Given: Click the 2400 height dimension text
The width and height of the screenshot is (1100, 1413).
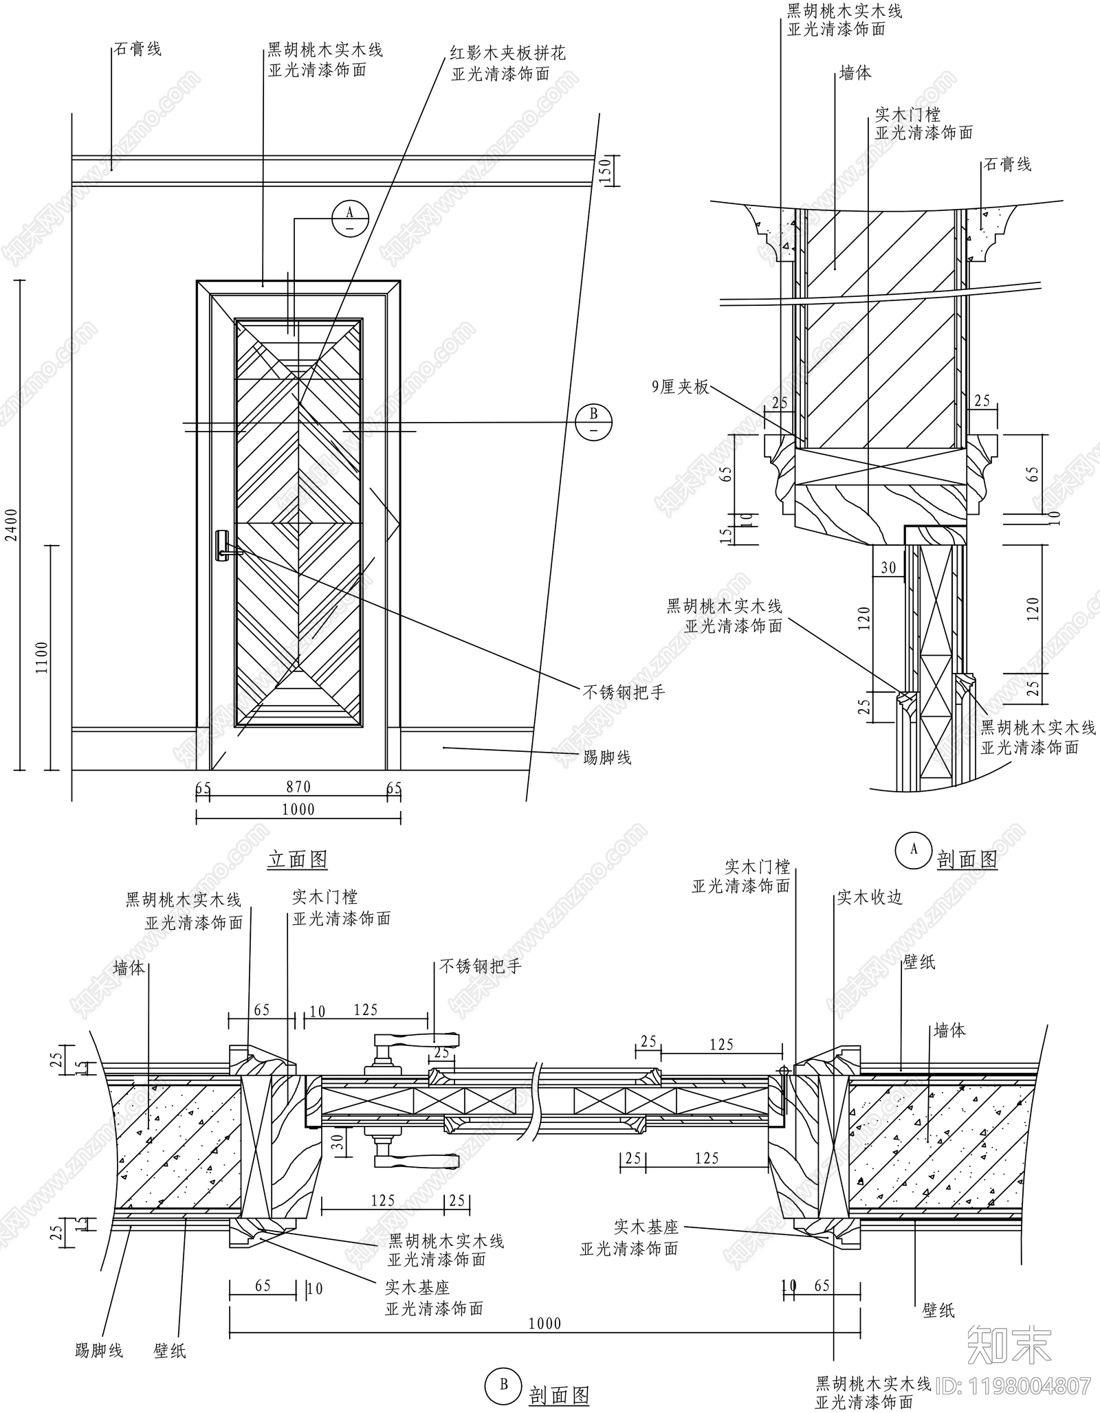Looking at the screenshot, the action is (x=12, y=526).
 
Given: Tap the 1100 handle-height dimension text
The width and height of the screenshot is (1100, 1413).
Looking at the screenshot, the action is (x=42, y=658).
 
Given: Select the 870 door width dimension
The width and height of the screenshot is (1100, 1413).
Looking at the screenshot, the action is (x=298, y=787).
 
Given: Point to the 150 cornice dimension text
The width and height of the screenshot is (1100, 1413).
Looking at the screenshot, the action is (x=604, y=170).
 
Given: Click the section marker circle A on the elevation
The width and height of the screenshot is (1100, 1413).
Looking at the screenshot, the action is (x=350, y=219).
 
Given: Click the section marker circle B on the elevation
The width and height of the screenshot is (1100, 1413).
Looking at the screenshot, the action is (x=593, y=421).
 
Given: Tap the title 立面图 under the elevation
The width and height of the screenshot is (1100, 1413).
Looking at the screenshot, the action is (x=298, y=860).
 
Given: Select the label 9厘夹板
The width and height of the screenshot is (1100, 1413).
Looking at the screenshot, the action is (x=681, y=388).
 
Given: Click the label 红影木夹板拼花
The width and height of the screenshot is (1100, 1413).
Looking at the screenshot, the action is (x=508, y=53).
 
